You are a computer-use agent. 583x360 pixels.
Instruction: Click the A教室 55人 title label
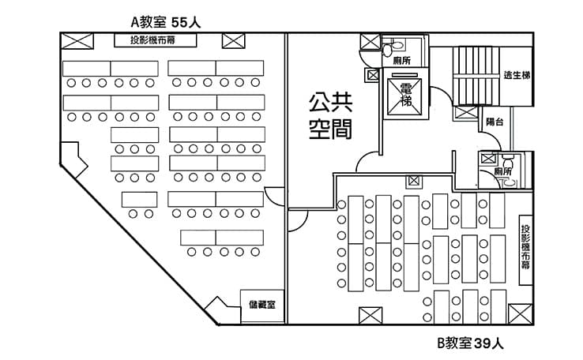pyautogui.click(x=165, y=22)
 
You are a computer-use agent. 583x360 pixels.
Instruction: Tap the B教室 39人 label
pyautogui.click(x=470, y=343)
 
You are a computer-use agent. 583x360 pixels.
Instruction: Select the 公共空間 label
pyautogui.click(x=330, y=116)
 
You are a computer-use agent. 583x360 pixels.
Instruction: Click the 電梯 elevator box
pyautogui.click(x=405, y=96)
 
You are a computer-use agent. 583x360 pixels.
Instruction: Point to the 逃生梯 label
pyautogui.click(x=517, y=75)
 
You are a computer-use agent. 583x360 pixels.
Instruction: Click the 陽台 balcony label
pyautogui.click(x=495, y=122)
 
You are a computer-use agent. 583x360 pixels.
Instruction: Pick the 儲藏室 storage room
pyautogui.click(x=262, y=306)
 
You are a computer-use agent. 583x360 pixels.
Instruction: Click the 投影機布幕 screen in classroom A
pyautogui.click(x=155, y=40)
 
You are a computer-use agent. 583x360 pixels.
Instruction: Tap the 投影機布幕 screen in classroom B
pyautogui.click(x=525, y=250)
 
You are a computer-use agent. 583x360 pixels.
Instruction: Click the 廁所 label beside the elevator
pyautogui.click(x=401, y=60)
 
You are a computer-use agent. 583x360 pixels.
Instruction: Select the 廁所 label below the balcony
pyautogui.click(x=502, y=171)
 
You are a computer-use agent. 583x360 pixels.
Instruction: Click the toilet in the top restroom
pyautogui.click(x=393, y=47)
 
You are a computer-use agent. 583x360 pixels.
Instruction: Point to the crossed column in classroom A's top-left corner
pyautogui.click(x=77, y=41)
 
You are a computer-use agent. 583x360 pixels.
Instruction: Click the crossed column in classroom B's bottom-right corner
pyautogui.click(x=520, y=314)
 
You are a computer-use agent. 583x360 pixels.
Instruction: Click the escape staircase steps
pyautogui.click(x=476, y=76)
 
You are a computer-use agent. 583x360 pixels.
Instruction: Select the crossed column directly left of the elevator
pyautogui.click(x=373, y=75)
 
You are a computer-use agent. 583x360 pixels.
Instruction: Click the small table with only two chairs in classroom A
pyautogui.click(x=139, y=200)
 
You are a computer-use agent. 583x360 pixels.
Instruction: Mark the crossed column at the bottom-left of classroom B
pyautogui.click(x=370, y=316)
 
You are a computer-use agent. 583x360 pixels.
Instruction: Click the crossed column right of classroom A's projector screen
pyautogui.click(x=234, y=41)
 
